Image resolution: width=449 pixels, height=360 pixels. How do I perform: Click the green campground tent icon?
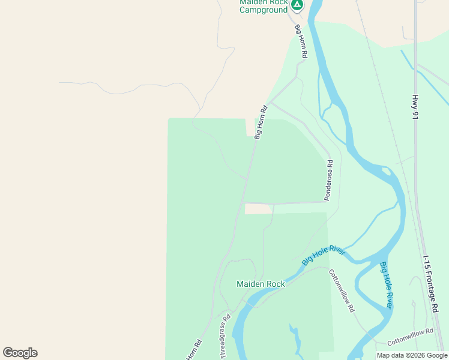coord(297,5)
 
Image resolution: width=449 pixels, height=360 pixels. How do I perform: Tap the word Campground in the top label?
coord(264,10)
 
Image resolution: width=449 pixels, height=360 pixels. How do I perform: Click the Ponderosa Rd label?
coord(328,180)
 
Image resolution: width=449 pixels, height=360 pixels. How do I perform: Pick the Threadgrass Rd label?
coord(226,337)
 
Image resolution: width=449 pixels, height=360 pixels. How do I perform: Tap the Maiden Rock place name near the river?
coord(261,284)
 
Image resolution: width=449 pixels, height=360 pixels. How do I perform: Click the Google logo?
coord(20,353)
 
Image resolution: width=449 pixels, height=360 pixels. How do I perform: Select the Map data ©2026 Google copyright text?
coord(412,355)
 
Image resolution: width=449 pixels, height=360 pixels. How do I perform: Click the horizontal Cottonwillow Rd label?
coord(410,337)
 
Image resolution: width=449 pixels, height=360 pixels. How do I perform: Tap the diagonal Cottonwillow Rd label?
coord(342,290)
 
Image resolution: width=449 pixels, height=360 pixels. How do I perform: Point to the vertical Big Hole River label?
coord(387,286)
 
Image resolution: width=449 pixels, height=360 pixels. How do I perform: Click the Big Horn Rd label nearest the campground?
coord(301,41)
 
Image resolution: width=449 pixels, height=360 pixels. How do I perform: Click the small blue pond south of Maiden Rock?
coord(295,336)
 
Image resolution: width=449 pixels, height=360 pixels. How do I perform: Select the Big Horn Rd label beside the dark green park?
coord(261,123)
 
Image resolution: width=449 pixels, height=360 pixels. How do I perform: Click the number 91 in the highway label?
coord(415,116)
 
